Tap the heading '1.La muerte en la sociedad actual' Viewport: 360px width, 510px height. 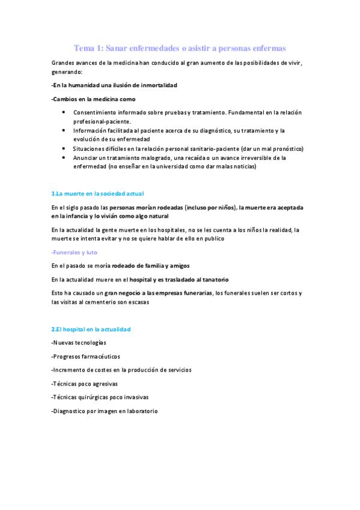click(x=97, y=193)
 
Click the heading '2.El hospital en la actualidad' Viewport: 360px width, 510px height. click(x=91, y=329)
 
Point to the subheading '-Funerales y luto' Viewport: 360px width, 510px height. click(x=75, y=252)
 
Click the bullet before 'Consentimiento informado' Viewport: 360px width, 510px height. click(x=64, y=112)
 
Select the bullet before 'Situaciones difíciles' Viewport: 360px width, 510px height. click(x=64, y=148)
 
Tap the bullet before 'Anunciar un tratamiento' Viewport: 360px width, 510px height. click(x=64, y=158)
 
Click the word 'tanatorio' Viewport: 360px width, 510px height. click(x=213, y=280)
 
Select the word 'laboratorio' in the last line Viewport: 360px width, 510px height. click(x=141, y=411)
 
